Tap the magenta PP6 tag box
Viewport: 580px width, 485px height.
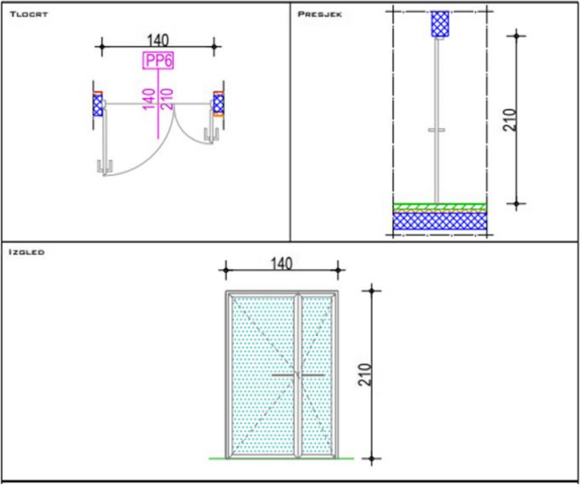pyautogui.click(x=157, y=62)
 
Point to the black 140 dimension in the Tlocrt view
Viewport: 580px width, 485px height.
pyautogui.click(x=157, y=37)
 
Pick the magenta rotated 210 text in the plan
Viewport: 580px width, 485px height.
pyautogui.click(x=166, y=98)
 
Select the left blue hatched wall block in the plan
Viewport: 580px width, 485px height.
pyautogui.click(x=97, y=105)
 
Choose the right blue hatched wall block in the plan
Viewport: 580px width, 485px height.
pyautogui.click(x=218, y=104)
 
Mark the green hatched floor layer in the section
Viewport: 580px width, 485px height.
pyautogui.click(x=439, y=207)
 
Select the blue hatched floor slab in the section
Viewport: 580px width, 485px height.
pyautogui.click(x=439, y=221)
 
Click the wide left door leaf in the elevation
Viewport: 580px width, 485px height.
pyautogui.click(x=262, y=372)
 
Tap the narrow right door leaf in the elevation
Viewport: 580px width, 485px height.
pyautogui.click(x=318, y=372)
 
